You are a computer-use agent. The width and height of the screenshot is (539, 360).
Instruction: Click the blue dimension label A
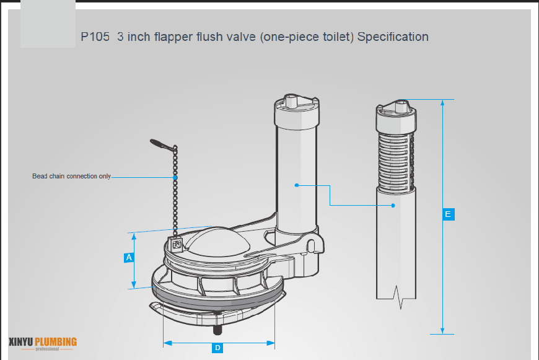129,257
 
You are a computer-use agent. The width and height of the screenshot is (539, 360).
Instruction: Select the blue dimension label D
217,348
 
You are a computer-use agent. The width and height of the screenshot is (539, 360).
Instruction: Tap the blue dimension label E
449,214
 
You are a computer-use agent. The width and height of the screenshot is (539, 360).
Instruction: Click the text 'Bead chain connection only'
71,177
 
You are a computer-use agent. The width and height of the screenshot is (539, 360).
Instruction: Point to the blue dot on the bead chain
175,178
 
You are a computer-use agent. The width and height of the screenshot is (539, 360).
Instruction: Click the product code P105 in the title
95,37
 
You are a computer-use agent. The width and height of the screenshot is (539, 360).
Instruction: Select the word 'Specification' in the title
393,37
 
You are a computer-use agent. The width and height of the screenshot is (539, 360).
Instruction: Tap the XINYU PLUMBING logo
43,342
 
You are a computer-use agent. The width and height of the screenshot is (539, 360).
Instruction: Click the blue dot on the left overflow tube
297,185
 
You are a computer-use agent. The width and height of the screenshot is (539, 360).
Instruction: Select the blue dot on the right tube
393,205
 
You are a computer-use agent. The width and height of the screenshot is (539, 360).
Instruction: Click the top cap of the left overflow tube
296,107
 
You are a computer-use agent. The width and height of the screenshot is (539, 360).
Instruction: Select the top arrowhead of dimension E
442,103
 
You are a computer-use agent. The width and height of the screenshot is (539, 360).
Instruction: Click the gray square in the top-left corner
48,24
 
